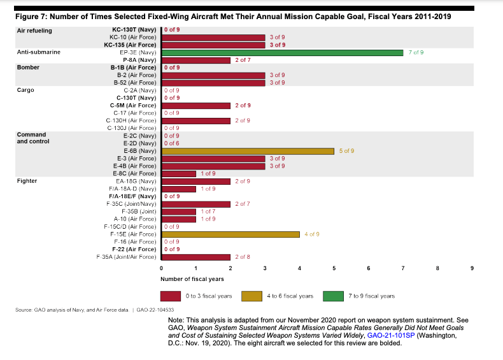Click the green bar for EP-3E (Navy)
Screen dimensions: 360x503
(282, 52)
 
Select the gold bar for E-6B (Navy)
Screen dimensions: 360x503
(248, 151)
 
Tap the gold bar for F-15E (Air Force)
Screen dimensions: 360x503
(230, 234)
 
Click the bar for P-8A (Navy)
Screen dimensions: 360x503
(195, 60)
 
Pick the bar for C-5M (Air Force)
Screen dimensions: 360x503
(195, 105)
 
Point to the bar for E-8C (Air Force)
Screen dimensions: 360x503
(178, 173)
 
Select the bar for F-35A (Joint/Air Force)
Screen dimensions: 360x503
(195, 257)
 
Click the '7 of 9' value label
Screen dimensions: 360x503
(416, 52)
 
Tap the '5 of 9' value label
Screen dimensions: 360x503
(346, 151)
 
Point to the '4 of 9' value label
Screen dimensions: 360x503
(312, 234)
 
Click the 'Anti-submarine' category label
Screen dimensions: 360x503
(38, 52)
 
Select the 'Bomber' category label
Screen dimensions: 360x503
(28, 67)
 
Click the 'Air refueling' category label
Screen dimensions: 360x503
(34, 31)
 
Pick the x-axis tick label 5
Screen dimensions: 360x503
(334, 268)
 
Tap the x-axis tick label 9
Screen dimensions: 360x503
(472, 268)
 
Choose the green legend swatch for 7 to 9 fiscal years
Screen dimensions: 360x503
(334, 296)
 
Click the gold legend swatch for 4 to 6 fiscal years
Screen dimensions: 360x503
(252, 296)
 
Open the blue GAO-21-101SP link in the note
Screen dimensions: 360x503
(390, 334)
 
